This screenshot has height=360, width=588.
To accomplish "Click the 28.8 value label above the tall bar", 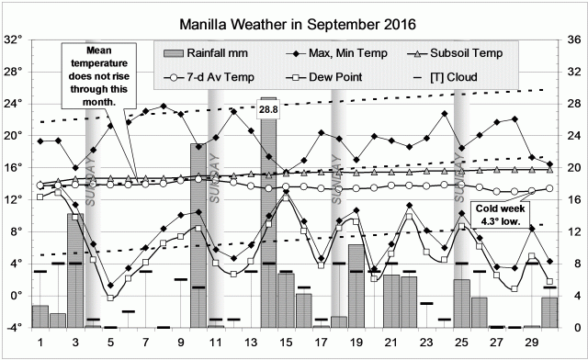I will click(268, 108).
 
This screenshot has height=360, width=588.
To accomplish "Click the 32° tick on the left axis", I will click(15, 40).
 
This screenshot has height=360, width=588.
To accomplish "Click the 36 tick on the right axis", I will click(572, 40).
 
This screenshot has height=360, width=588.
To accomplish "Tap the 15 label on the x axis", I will click(286, 342).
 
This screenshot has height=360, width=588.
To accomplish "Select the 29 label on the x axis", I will click(532, 342).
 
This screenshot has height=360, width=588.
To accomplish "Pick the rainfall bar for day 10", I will click(198, 235).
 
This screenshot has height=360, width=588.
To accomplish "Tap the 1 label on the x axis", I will click(40, 342).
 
